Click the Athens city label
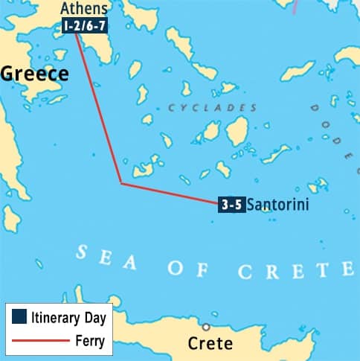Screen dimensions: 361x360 pyautogui.click(x=83, y=10)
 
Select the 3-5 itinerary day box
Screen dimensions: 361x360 pyautogui.click(x=231, y=204)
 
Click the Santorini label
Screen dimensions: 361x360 pyautogui.click(x=277, y=204)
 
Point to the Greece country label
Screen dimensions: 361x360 pyautogui.click(x=34, y=73)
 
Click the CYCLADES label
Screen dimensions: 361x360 pyautogui.click(x=213, y=108)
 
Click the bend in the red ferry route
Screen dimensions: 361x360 pyautogui.click(x=120, y=183)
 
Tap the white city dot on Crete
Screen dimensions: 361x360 pyautogui.click(x=206, y=327)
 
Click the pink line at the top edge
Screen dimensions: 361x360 pyautogui.click(x=295, y=6)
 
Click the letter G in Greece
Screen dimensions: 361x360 pyautogui.click(x=8, y=73)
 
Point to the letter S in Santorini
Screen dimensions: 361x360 pyautogui.click(x=251, y=204)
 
